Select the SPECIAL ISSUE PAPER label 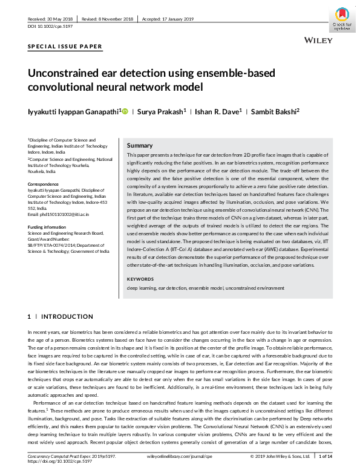pyautogui.click(x=65, y=47)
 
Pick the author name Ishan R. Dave pyautogui.click(x=206, y=111)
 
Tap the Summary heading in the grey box pyautogui.click(x=139, y=146)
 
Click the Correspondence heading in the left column pyautogui.click(x=44, y=183)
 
